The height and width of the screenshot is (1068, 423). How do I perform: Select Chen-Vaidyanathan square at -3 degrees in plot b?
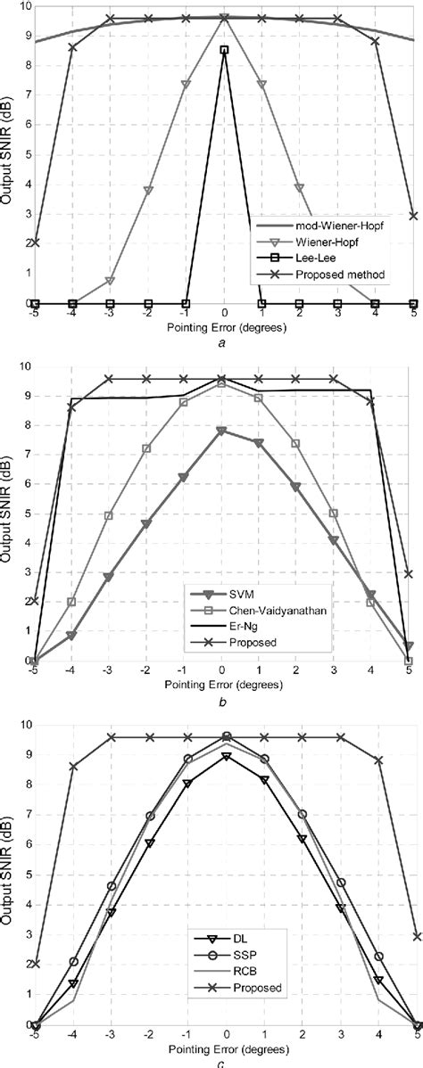pyautogui.click(x=109, y=515)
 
